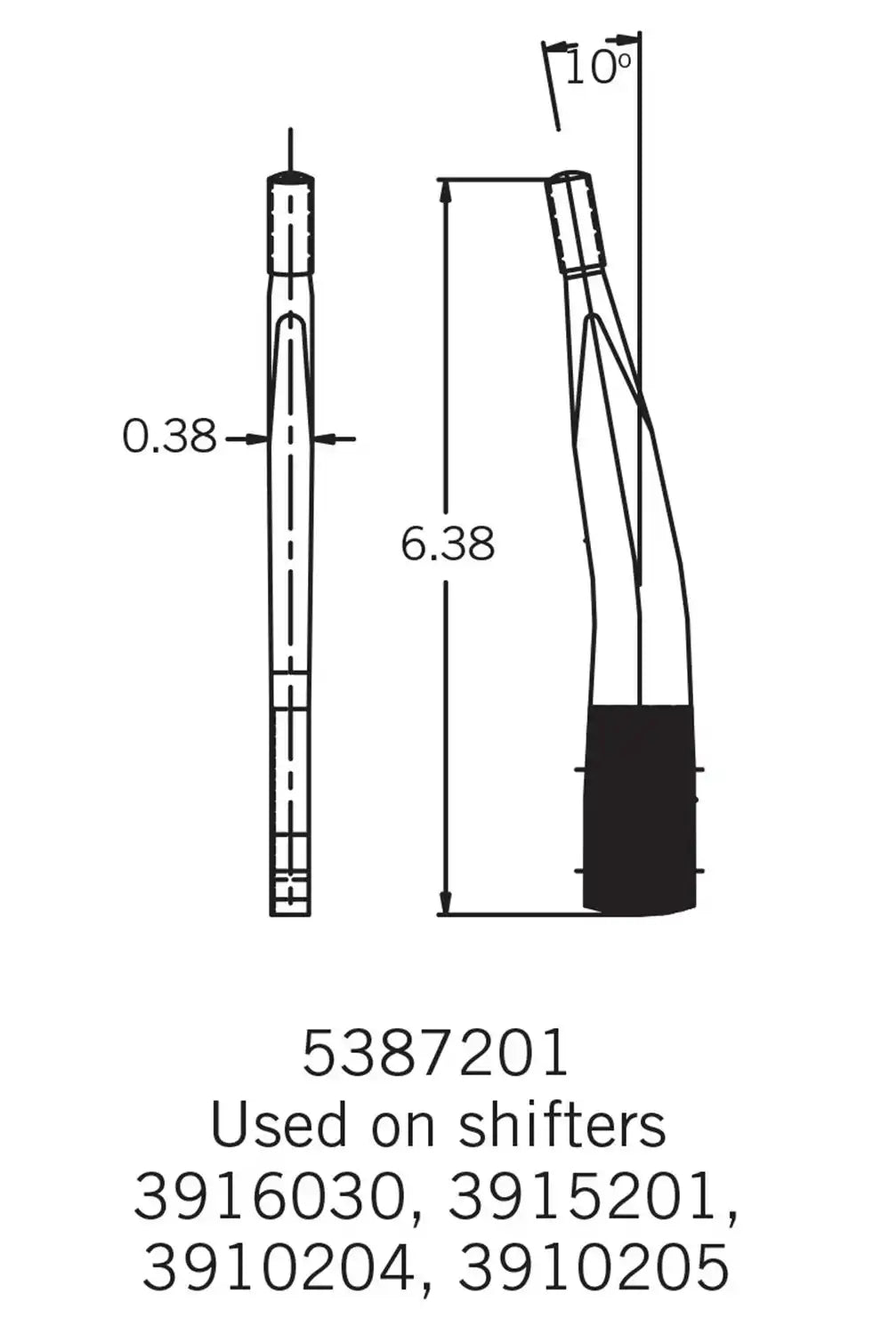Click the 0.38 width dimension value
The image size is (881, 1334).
coord(169,437)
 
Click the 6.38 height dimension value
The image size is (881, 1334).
coord(447,543)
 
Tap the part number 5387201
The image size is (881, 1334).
coord(435,1054)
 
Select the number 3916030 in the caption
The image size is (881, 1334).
coord(276,1197)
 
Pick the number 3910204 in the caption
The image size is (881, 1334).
coord(278,1267)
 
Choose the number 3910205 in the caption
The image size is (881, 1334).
coord(594,1267)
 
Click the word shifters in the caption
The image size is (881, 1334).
coord(562,1126)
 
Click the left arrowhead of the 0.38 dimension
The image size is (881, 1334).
coord(257,438)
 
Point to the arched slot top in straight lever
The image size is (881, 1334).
coord(290,318)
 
